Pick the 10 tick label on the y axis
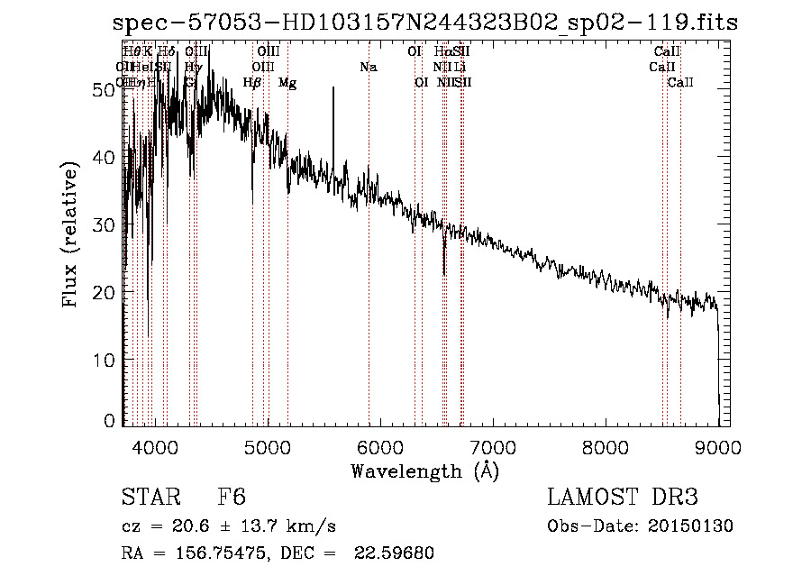(107, 361)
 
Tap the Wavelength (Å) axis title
(424, 471)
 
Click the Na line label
(368, 68)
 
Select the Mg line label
(287, 83)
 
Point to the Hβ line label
(252, 83)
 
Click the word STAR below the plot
(150, 498)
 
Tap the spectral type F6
(232, 498)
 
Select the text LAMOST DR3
(623, 498)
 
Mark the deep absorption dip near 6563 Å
(443, 270)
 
